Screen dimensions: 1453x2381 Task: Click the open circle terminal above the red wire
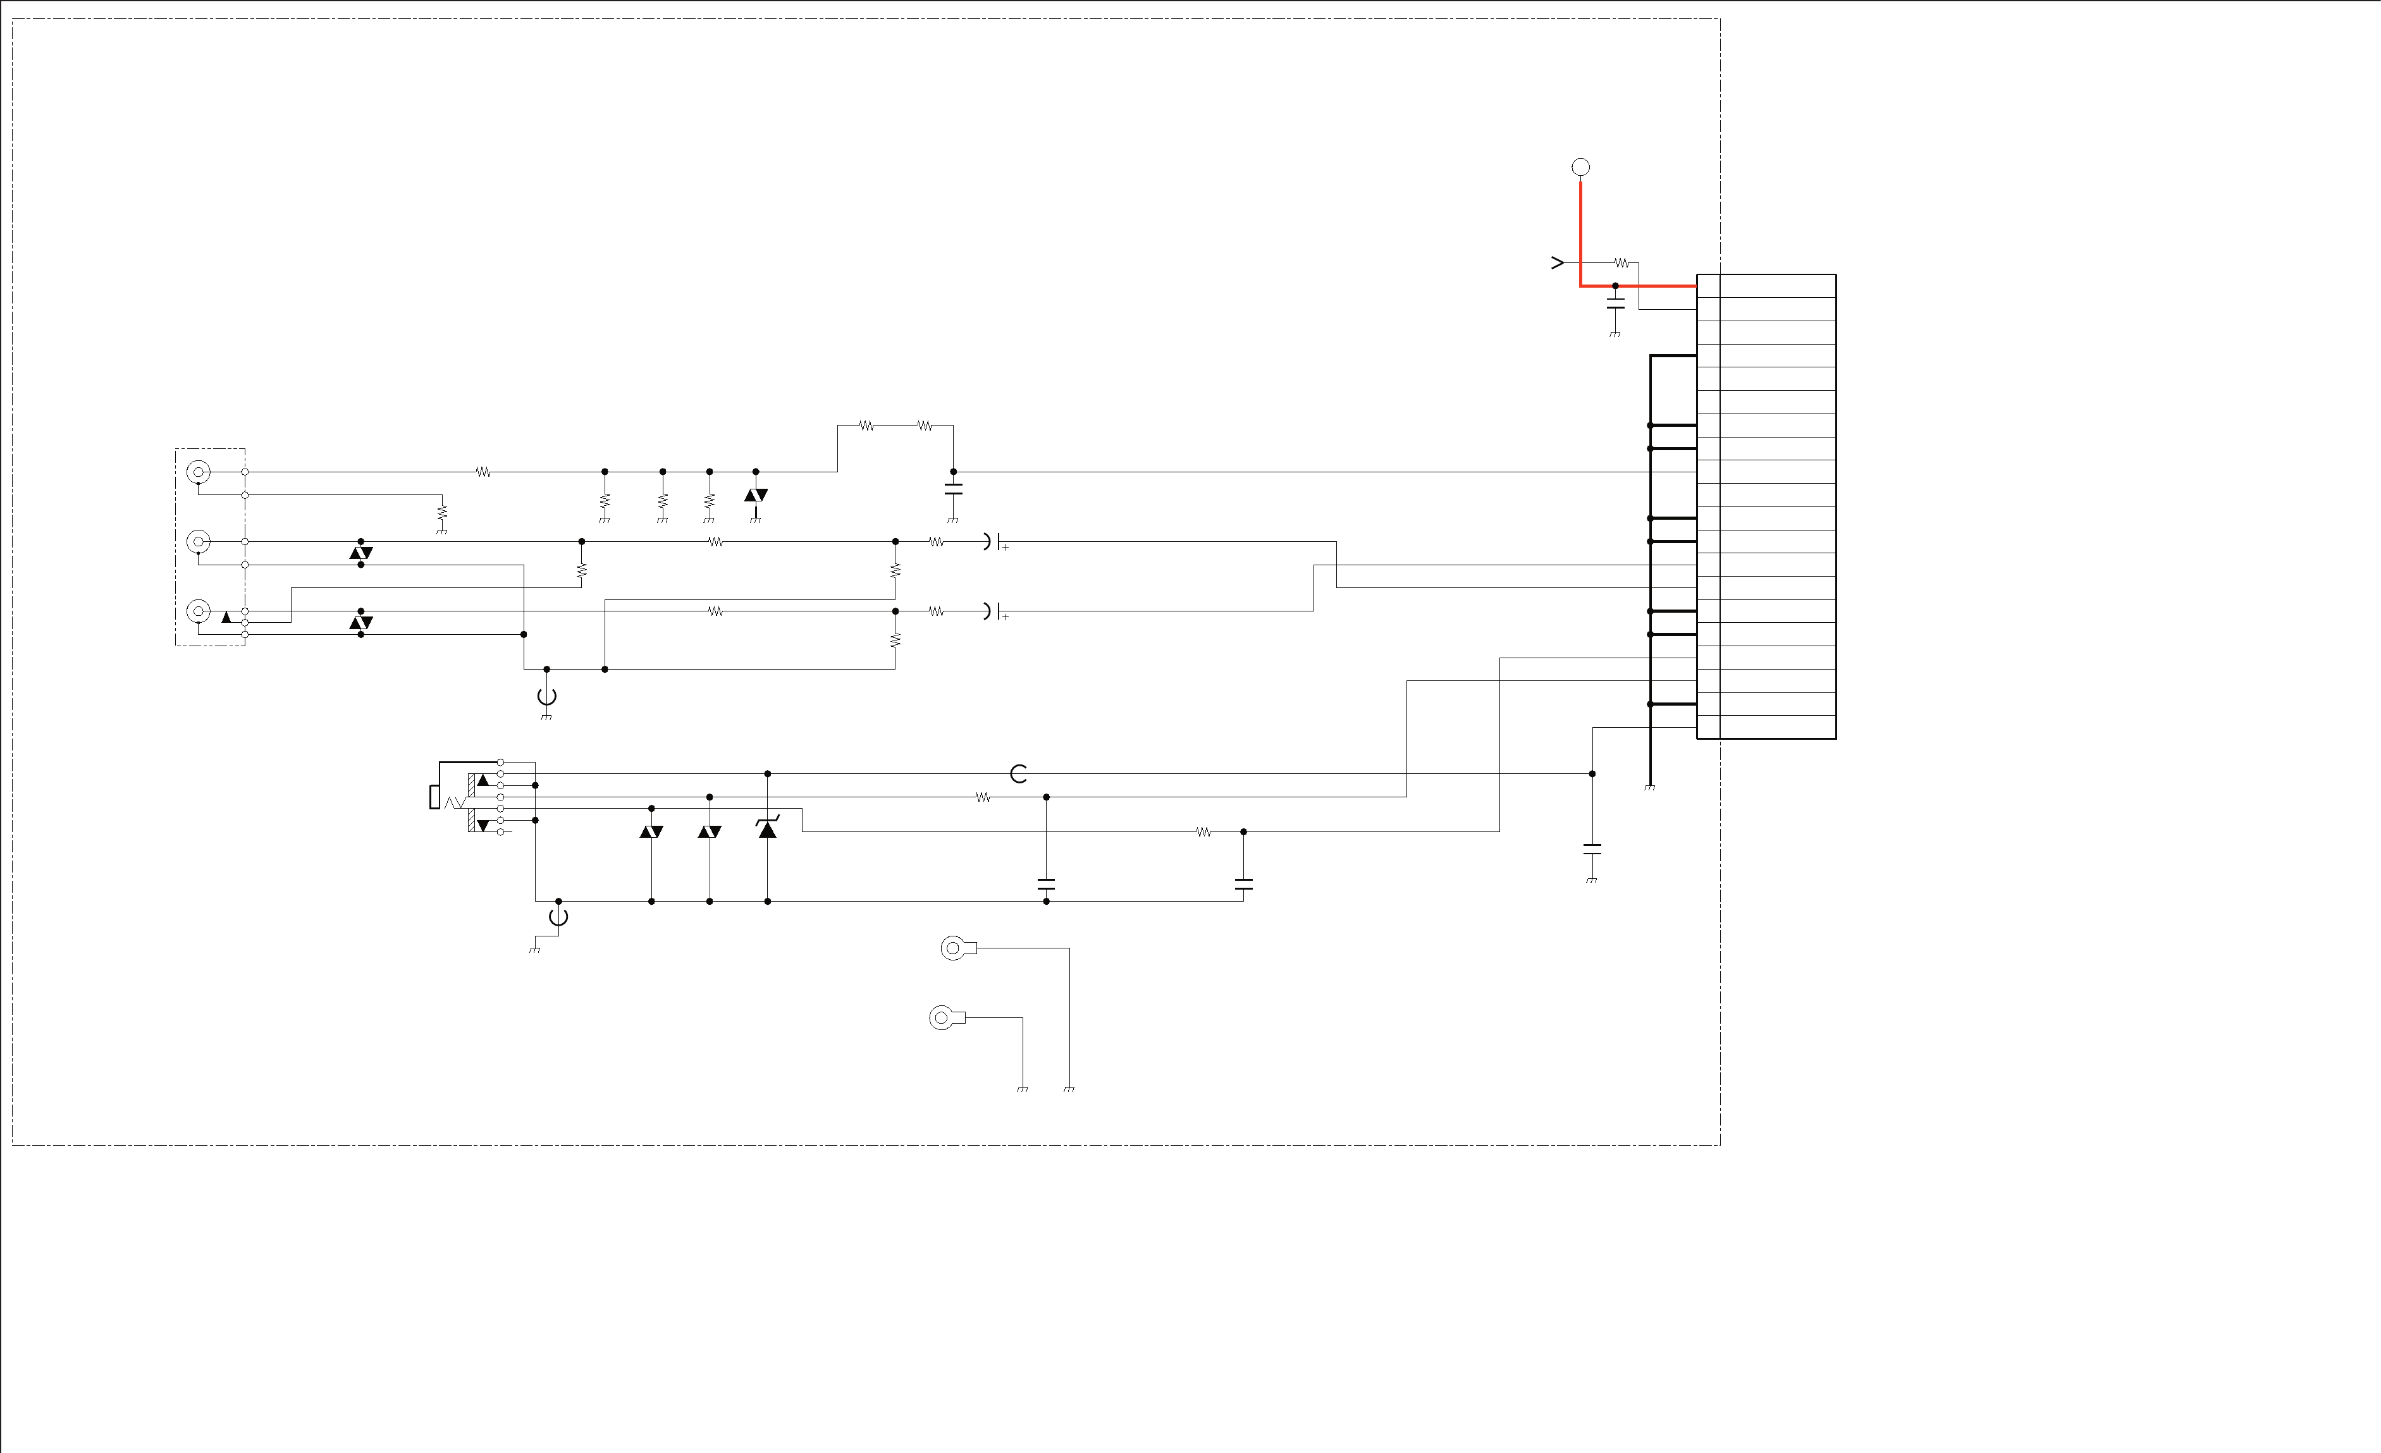pyautogui.click(x=1581, y=167)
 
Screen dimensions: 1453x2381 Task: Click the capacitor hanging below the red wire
pyautogui.click(x=1615, y=304)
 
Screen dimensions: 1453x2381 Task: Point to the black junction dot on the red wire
pyautogui.click(x=1615, y=286)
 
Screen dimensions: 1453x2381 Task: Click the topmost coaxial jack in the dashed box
pyautogui.click(x=198, y=472)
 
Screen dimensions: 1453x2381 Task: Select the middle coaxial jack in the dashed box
pyautogui.click(x=198, y=542)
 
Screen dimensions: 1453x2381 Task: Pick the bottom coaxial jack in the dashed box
pyautogui.click(x=198, y=611)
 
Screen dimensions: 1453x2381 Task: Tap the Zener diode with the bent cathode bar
pyautogui.click(x=767, y=828)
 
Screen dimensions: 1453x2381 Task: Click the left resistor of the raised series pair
pyautogui.click(x=867, y=425)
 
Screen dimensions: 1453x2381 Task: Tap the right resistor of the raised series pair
pyautogui.click(x=925, y=425)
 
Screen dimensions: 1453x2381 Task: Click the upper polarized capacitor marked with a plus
pyautogui.click(x=994, y=542)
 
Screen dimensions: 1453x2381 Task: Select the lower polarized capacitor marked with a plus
pyautogui.click(x=994, y=611)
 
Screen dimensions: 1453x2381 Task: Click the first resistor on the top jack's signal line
pyautogui.click(x=483, y=472)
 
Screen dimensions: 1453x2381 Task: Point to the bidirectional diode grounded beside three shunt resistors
pyautogui.click(x=756, y=494)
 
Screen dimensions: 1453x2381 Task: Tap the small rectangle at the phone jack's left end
pyautogui.click(x=435, y=798)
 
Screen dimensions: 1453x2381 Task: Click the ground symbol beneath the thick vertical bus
pyautogui.click(x=1649, y=787)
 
